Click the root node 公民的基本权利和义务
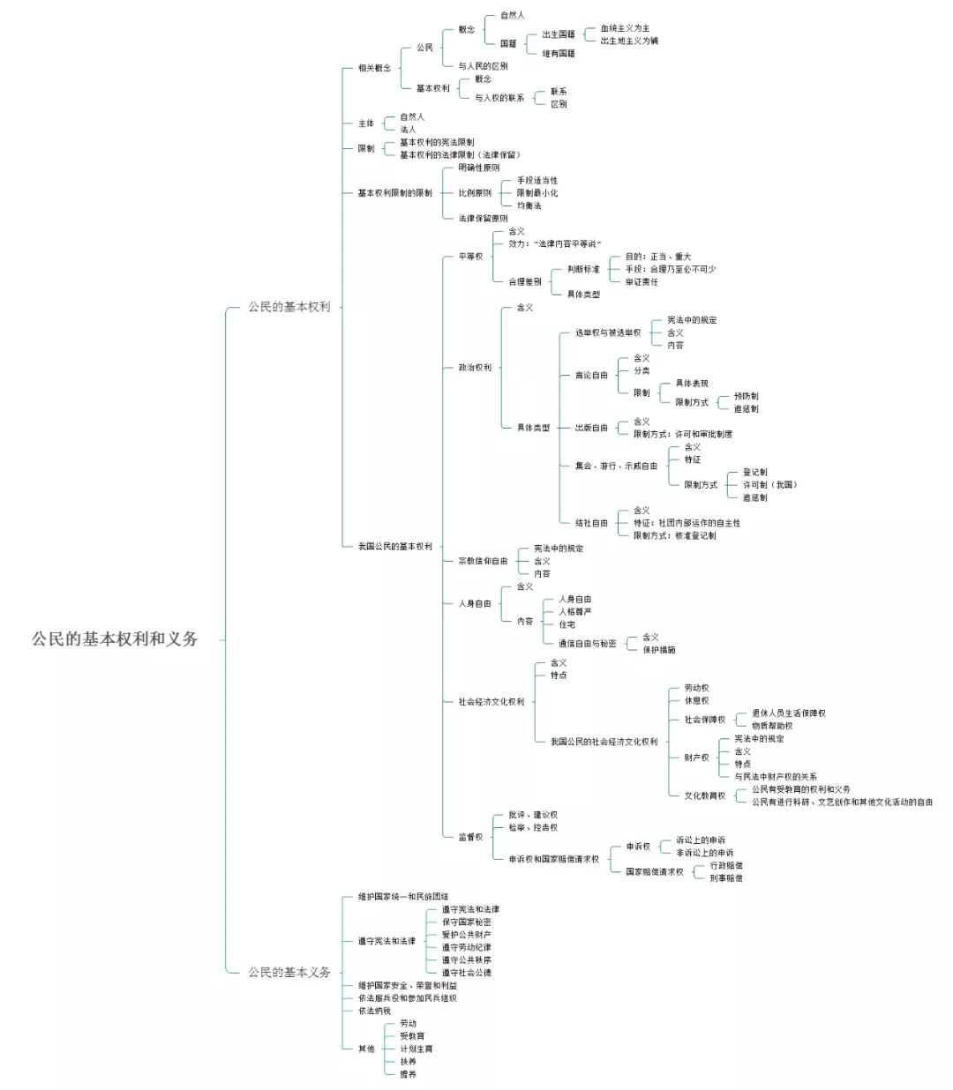pyautogui.click(x=115, y=639)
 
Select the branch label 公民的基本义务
pyautogui.click(x=289, y=972)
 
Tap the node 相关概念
pyautogui.click(x=374, y=68)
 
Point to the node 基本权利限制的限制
pyautogui.click(x=394, y=192)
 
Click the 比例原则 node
pyautogui.click(x=475, y=192)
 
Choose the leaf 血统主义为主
pyautogui.click(x=625, y=28)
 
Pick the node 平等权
pyautogui.click(x=470, y=257)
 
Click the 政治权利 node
pyautogui.click(x=475, y=367)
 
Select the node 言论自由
pyautogui.click(x=591, y=375)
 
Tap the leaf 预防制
pyautogui.click(x=746, y=396)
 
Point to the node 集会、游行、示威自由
pyautogui.click(x=616, y=466)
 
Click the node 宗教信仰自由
pyautogui.click(x=483, y=561)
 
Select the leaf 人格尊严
pyautogui.click(x=574, y=611)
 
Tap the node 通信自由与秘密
pyautogui.click(x=587, y=643)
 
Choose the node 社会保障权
pyautogui.click(x=704, y=720)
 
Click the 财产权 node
pyautogui.click(x=696, y=758)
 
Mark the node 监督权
pyautogui.click(x=470, y=836)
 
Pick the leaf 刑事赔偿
pyautogui.click(x=725, y=878)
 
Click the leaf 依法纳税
pyautogui.click(x=374, y=1011)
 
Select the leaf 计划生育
pyautogui.click(x=416, y=1049)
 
